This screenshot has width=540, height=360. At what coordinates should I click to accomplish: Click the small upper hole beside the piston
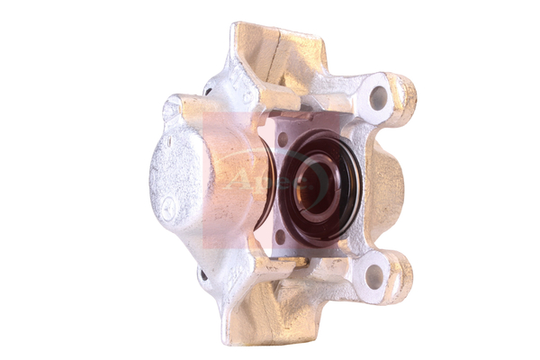(x=282, y=139)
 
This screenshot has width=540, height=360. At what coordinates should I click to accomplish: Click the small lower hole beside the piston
(x=280, y=236)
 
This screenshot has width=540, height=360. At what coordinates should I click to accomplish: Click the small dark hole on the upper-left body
(x=209, y=89)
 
